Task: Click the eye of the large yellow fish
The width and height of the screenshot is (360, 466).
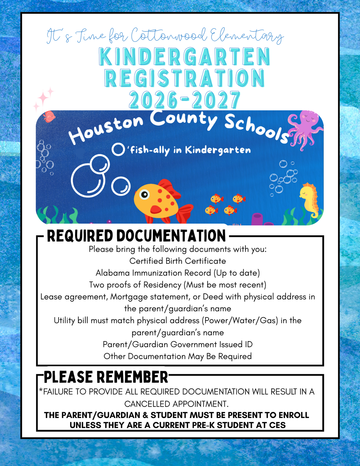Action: click(145, 194)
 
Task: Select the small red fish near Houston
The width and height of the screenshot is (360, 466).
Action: click(49, 116)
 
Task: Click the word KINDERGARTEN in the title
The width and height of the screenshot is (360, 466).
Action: click(184, 56)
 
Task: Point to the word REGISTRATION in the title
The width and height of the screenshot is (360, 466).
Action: click(184, 78)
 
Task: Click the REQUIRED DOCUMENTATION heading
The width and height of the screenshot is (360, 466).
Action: click(136, 236)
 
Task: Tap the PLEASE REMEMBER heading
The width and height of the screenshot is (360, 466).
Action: click(106, 377)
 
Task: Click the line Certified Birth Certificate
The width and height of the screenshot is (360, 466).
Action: click(178, 261)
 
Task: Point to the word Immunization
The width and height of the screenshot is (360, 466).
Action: click(157, 273)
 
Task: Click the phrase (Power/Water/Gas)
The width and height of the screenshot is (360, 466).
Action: click(240, 320)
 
